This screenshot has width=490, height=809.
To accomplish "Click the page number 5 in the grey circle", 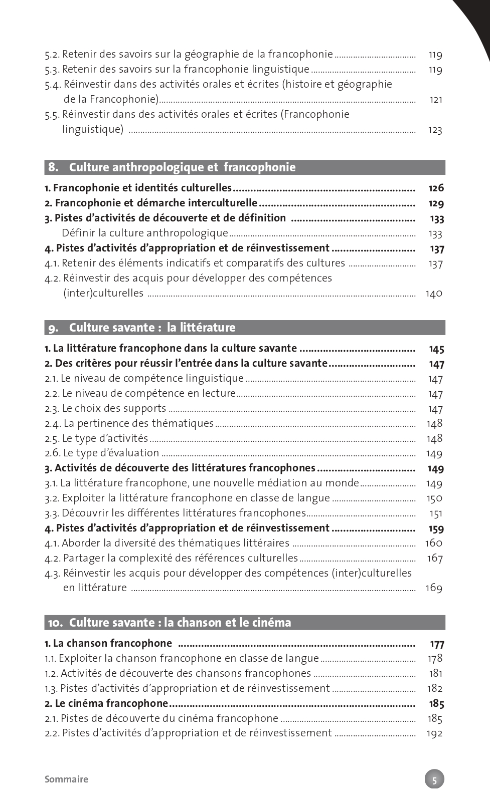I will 434,779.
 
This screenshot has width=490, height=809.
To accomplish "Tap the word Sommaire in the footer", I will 66,779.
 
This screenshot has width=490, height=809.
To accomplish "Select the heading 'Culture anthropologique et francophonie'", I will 182,167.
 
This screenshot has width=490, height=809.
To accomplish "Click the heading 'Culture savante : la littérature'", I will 152,328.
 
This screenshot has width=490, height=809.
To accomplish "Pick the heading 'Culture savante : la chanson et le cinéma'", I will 180,623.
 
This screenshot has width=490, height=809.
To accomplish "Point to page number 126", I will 436,188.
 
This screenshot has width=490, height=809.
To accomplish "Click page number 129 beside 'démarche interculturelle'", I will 436,203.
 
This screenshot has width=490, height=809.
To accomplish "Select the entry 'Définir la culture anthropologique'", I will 145,233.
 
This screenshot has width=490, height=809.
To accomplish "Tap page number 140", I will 434,294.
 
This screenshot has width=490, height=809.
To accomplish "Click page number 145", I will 436,349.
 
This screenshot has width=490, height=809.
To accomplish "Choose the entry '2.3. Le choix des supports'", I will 105,408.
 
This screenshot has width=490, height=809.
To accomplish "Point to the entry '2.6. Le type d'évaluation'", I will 102,453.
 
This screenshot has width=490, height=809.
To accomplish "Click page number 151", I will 436,513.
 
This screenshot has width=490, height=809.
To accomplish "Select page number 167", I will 434,558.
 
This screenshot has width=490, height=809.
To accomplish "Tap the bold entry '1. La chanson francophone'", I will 108,643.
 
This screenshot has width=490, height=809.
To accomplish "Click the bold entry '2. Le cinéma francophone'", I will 106,703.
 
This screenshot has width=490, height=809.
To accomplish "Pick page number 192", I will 434,733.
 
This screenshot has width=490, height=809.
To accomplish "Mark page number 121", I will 436,100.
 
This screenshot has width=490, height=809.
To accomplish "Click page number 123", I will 435,130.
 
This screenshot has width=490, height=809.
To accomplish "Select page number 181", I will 435,673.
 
